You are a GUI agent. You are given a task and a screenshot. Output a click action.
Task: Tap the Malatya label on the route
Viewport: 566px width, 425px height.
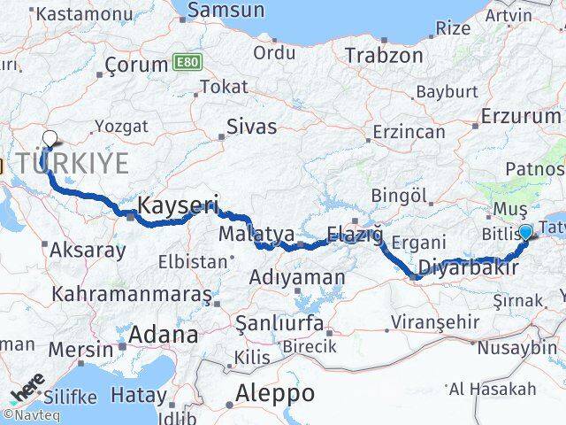coord(256,234)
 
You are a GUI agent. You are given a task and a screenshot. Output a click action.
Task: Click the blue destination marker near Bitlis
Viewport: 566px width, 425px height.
coord(526,232)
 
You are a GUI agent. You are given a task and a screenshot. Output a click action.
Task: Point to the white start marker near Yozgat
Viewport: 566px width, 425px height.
coord(50,138)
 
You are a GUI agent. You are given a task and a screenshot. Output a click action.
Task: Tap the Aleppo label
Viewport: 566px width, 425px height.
coord(275,392)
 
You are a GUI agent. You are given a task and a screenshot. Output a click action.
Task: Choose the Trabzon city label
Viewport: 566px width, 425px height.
coord(384,55)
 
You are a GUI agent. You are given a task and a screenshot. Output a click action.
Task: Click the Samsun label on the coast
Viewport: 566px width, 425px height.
coord(226,11)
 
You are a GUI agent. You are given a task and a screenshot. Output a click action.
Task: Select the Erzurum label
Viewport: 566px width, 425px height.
coord(520,115)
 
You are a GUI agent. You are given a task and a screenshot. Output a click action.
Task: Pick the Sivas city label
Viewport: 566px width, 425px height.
coord(251,126)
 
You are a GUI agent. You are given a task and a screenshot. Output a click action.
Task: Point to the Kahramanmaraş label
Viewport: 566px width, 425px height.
coord(132,292)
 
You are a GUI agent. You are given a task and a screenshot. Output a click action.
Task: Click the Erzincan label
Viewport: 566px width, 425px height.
coord(409,131)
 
